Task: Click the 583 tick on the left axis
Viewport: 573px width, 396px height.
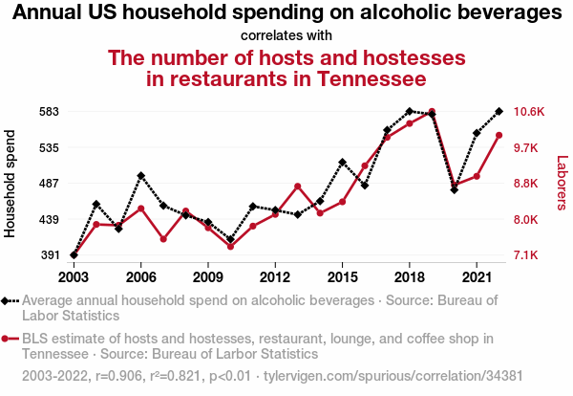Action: point(48,111)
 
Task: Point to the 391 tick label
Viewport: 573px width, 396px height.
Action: point(48,255)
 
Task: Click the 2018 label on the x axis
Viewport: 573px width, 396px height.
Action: point(409,276)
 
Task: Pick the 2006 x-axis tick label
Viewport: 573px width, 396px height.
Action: point(141,276)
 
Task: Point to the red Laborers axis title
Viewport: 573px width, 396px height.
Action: point(562,184)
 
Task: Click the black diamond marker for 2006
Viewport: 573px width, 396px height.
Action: point(141,176)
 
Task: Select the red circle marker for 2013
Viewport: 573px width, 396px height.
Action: point(297,186)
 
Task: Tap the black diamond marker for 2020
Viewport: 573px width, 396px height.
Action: point(454,189)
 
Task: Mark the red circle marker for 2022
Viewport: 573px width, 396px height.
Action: point(499,135)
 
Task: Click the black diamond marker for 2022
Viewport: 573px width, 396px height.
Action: point(499,111)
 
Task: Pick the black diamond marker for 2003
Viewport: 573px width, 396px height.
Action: point(74,255)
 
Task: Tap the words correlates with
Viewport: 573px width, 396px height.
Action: point(286,35)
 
